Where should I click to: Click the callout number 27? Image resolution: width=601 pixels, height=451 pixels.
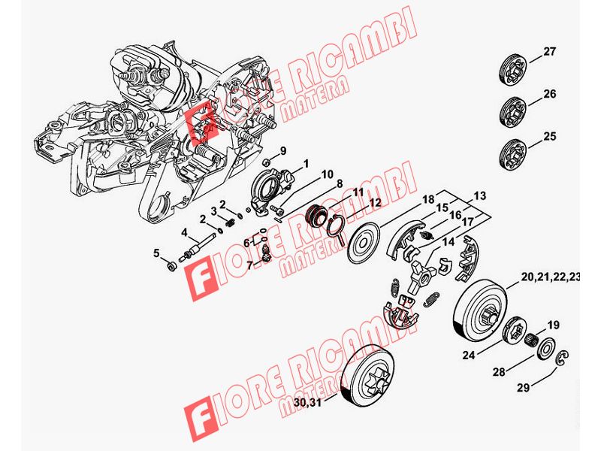point(549,51)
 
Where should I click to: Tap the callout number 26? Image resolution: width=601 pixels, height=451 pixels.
point(549,94)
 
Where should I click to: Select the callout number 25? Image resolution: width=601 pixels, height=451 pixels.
point(549,137)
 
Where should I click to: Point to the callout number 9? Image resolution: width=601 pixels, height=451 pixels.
point(283,151)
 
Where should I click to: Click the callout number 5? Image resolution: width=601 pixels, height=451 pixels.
point(156,253)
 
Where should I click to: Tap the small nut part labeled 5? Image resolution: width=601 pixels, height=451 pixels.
point(171,265)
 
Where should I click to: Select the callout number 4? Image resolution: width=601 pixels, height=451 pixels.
point(185,233)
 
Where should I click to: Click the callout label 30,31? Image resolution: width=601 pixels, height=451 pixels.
point(309,403)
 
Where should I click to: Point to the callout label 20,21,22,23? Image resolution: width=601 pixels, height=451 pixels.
point(551,277)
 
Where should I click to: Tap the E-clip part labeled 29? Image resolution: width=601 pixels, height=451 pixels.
point(562,357)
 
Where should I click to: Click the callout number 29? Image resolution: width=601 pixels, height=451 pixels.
point(524,387)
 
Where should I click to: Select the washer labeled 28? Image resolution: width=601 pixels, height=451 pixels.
point(545,348)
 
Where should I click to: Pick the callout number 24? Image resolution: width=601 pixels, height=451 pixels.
point(468,355)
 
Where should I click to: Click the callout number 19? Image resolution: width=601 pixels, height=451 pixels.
point(553,325)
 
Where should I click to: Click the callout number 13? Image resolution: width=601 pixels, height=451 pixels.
point(479,195)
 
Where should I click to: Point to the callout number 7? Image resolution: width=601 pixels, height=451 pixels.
point(250,265)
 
